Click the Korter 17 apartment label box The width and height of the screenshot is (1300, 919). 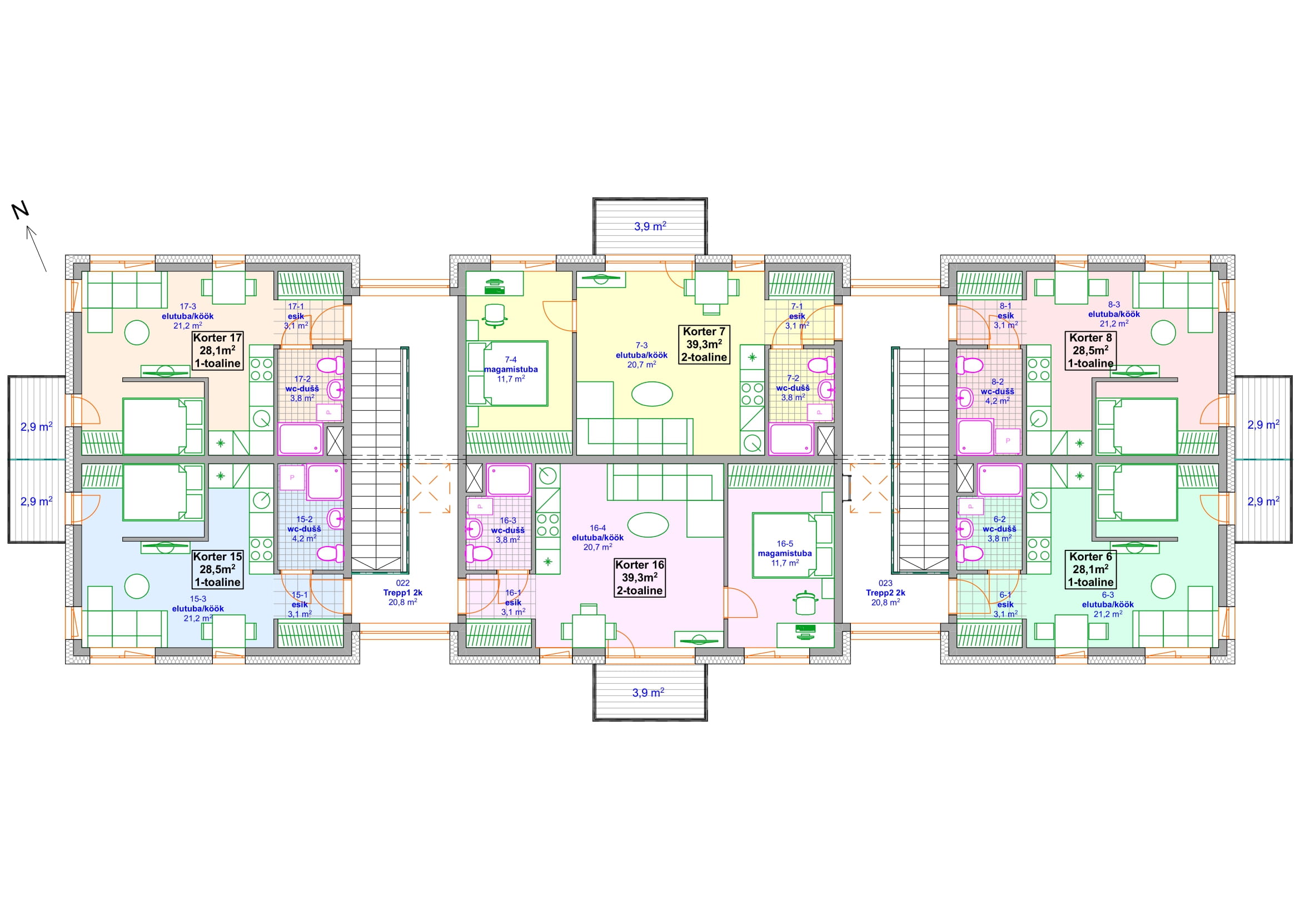218,350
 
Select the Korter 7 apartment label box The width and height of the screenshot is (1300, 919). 704,344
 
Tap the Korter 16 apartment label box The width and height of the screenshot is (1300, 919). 640,578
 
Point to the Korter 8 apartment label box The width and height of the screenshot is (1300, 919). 1090,350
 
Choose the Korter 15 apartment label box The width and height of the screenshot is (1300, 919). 218,569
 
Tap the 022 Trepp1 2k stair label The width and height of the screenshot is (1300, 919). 402,593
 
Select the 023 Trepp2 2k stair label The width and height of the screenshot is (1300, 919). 885,593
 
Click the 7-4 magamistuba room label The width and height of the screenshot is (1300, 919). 511,369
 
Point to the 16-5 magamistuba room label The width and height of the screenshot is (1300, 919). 785,553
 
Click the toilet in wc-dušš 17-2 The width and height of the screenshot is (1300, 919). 331,365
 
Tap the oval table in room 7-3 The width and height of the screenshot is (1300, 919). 653,394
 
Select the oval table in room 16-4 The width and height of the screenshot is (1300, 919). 647,525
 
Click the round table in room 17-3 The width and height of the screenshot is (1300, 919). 137,332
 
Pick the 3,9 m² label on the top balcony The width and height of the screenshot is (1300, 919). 650,226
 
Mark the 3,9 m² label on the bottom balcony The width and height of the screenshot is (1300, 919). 648,693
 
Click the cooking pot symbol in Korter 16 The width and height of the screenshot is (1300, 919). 805,603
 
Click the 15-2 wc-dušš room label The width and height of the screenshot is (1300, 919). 304,529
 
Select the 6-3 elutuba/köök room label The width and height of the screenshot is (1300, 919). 1108,604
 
